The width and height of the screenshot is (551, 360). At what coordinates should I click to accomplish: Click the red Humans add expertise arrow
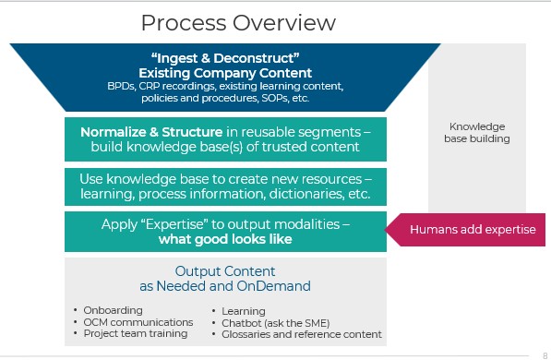471,230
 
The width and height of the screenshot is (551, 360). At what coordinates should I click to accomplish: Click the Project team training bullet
129,334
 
